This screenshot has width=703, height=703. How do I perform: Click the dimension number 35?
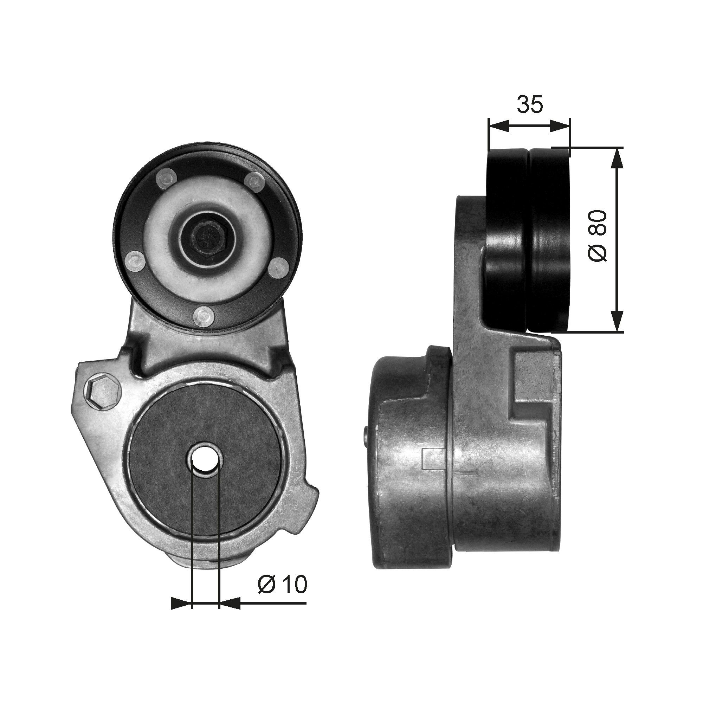(530, 104)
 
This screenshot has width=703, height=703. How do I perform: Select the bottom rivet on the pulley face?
(204, 316)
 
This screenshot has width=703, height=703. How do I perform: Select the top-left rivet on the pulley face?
(166, 178)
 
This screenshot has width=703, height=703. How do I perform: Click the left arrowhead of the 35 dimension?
(497, 126)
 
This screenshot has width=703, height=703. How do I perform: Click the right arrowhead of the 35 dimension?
(561, 126)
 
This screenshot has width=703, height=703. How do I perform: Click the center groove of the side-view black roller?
(529, 240)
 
